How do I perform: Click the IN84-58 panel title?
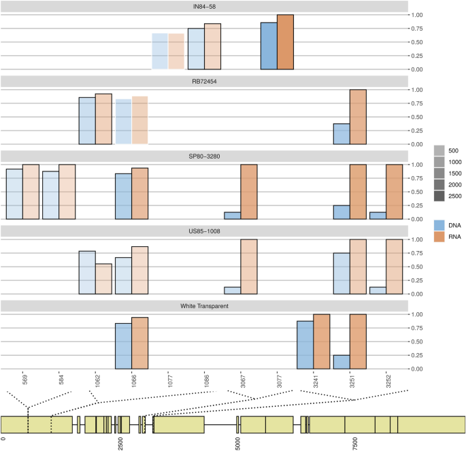(204, 6)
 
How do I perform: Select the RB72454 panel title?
(204, 81)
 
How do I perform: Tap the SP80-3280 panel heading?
(204, 156)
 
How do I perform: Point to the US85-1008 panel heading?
(204, 231)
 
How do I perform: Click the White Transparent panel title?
(204, 305)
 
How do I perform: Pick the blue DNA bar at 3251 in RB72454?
(342, 134)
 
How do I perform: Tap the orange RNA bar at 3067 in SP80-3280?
(249, 192)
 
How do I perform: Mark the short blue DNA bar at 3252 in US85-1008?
(378, 290)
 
